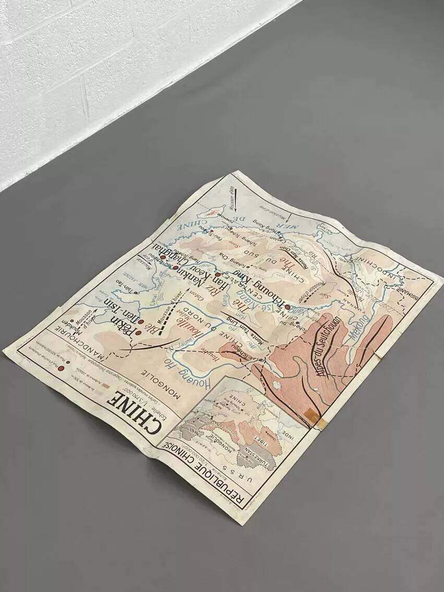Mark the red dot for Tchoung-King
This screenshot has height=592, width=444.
point(287,307)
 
